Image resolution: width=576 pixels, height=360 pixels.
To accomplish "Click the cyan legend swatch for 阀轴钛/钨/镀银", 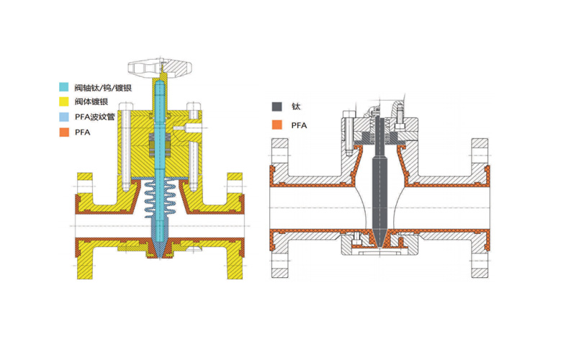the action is [x=64, y=87].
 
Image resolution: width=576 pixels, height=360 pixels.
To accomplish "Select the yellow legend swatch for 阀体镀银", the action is [x=64, y=102].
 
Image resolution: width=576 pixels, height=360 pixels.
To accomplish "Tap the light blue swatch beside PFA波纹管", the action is [x=64, y=117].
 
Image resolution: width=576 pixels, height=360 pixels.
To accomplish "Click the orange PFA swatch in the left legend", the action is [x=64, y=132].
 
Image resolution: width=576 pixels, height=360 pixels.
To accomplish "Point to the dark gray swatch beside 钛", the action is [x=277, y=106].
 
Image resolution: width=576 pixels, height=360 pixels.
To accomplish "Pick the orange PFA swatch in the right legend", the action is [x=277, y=125].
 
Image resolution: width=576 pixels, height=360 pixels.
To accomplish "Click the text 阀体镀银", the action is [x=91, y=102].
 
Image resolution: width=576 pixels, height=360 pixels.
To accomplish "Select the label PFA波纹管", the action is [x=95, y=117].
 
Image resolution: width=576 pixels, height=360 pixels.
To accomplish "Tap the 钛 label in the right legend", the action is [x=296, y=106].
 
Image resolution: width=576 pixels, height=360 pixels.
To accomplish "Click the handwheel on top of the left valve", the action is [x=160, y=68].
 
